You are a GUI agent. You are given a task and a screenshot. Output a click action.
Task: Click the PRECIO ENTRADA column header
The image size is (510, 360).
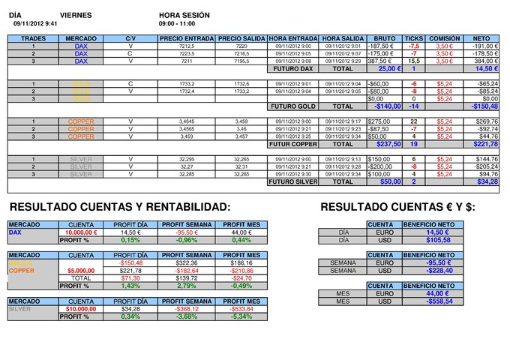point(187,37)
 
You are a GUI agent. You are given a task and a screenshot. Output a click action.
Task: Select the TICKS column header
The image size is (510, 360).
point(413,37)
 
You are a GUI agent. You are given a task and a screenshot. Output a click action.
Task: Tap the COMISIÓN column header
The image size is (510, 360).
point(445,37)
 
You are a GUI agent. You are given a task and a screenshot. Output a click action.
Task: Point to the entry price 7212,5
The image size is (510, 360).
point(187,46)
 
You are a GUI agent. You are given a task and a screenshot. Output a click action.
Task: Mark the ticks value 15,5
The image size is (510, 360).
point(413,61)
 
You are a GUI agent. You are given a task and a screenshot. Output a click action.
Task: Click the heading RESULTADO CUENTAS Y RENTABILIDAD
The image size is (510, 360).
point(119,207)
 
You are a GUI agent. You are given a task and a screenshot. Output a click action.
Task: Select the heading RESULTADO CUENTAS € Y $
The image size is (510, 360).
point(397,207)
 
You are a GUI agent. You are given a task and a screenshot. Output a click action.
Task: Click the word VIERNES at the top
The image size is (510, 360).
point(76,15)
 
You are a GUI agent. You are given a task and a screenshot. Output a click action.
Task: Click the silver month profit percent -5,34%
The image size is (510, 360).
point(241,316)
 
